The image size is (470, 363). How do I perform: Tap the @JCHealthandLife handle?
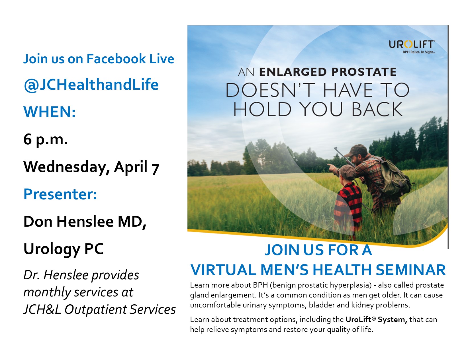[x=91, y=85]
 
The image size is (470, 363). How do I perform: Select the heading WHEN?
[x=50, y=112]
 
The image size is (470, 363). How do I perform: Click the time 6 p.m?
[x=45, y=140]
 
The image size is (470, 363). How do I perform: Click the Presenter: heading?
[x=60, y=194]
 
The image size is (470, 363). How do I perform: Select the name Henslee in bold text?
[x=85, y=222]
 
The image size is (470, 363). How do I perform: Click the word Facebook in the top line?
[x=117, y=59]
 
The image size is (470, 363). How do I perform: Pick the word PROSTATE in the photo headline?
[x=364, y=72]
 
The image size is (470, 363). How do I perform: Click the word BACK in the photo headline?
[x=377, y=109]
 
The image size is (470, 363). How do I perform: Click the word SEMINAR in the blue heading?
[x=411, y=270]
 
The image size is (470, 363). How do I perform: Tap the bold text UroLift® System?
[x=376, y=319]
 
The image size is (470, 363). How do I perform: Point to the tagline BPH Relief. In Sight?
[x=419, y=52]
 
